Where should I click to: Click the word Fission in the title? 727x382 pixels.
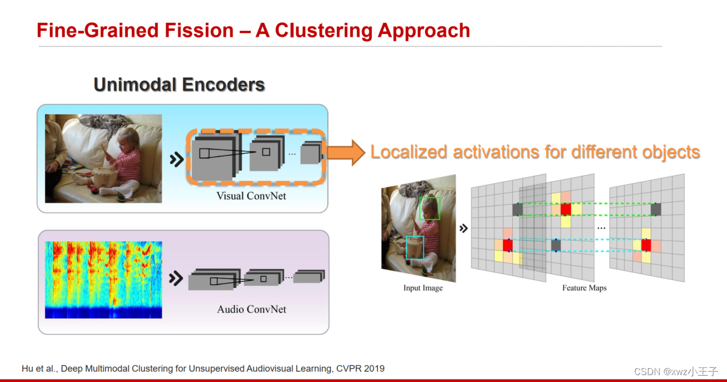pyautogui.click(x=206, y=30)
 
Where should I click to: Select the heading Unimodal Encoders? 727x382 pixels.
pyautogui.click(x=179, y=85)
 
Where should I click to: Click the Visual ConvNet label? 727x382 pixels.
pyautogui.click(x=251, y=196)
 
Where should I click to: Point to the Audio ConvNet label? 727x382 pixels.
pyautogui.click(x=251, y=309)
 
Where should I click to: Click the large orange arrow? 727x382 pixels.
pyautogui.click(x=346, y=153)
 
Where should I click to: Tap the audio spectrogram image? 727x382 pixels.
pyautogui.click(x=104, y=279)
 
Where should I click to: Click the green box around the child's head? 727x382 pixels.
pyautogui.click(x=430, y=209)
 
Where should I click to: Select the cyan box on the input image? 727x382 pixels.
pyautogui.click(x=414, y=248)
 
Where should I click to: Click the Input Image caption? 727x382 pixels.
pyautogui.click(x=423, y=288)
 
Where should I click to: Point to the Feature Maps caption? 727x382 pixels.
pyautogui.click(x=584, y=288)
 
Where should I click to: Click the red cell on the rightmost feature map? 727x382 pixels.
pyautogui.click(x=646, y=245)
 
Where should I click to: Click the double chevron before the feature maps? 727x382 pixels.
pyautogui.click(x=463, y=228)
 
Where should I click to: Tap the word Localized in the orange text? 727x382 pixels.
pyautogui.click(x=408, y=152)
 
